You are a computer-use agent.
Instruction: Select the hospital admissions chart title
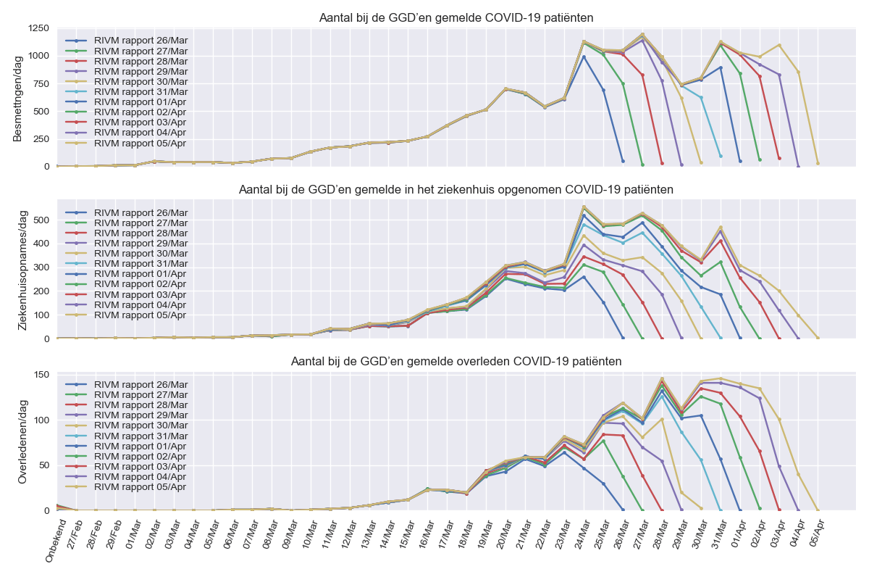[456, 190]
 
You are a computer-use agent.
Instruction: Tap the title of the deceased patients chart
[456, 361]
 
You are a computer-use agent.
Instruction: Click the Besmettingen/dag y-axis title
[18, 97]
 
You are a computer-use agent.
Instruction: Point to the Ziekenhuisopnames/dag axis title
[23, 270]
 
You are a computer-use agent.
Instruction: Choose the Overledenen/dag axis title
[23, 442]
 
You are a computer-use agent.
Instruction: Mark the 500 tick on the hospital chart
[41, 220]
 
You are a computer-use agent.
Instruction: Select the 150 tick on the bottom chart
[41, 375]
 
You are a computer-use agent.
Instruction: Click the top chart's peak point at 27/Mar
[642, 34]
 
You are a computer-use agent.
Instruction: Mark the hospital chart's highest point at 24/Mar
[584, 206]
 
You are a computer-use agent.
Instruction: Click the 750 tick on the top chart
[41, 83]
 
